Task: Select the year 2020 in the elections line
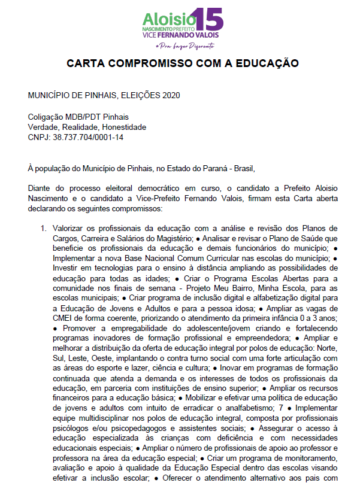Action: [x=170, y=95]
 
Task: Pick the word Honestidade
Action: [x=124, y=127]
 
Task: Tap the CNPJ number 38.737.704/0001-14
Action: [x=89, y=137]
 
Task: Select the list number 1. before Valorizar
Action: [x=44, y=228]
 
